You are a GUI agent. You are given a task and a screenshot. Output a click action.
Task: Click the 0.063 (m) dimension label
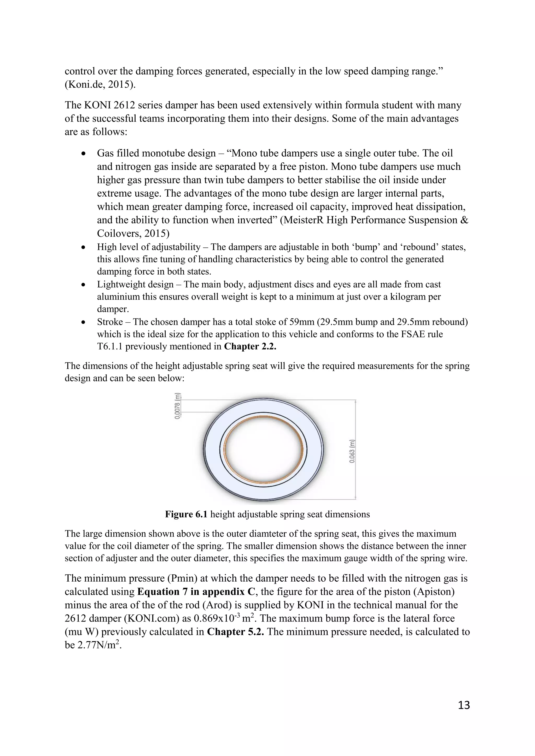pos(352,451)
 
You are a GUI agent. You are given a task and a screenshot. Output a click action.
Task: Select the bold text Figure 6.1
pos(186,514)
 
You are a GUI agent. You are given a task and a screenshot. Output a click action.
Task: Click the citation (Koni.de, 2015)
pos(100,85)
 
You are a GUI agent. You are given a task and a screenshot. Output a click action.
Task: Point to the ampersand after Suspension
pos(464,220)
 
